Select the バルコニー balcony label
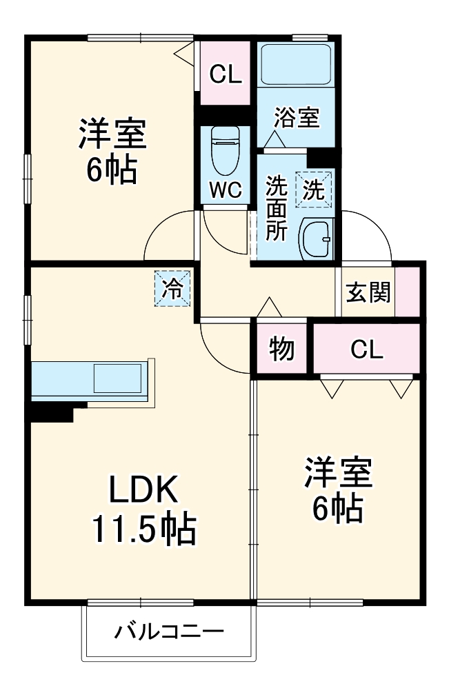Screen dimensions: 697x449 pos(169,630)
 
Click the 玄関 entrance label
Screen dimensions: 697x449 pos(368,292)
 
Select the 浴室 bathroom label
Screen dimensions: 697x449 pos(296,117)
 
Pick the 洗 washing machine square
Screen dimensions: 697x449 pos(314,189)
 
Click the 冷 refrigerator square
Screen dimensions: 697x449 pos(172,288)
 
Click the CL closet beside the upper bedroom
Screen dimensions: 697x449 pos(226,74)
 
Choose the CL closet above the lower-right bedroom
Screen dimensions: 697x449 pos(366,350)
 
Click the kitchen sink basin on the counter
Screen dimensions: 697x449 pos(118,378)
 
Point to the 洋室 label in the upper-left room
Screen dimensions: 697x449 pos(111,134)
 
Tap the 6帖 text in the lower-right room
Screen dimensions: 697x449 pos(338,509)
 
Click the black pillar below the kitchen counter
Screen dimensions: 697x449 pos(52,413)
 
